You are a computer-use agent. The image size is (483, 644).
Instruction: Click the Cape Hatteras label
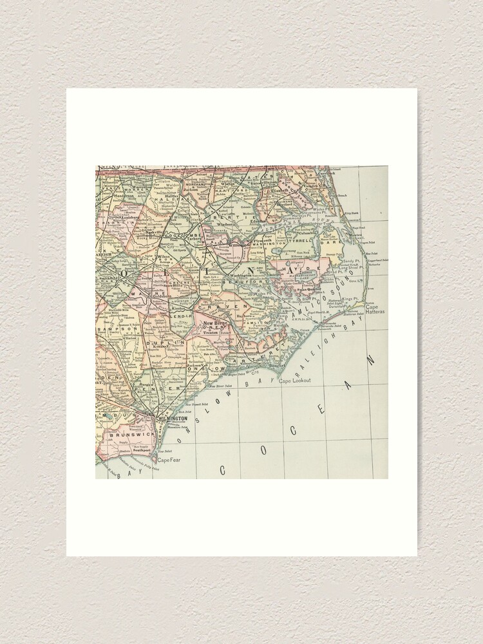pos(375,311)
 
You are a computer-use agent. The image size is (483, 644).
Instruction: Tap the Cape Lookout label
pos(294,381)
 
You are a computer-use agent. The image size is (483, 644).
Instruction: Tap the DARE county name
pos(333,244)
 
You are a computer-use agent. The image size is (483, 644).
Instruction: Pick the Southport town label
pos(140,451)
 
